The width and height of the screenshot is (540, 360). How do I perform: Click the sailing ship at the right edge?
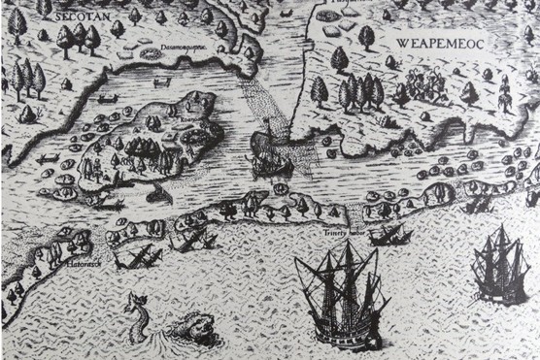[501, 264]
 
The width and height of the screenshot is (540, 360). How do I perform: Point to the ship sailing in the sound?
[271, 153]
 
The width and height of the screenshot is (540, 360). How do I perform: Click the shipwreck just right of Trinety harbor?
[388, 234]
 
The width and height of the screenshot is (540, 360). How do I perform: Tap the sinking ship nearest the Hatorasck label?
[136, 257]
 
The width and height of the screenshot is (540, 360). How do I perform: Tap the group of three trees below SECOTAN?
[78, 39]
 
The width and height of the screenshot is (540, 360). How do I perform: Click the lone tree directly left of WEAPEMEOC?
[366, 38]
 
